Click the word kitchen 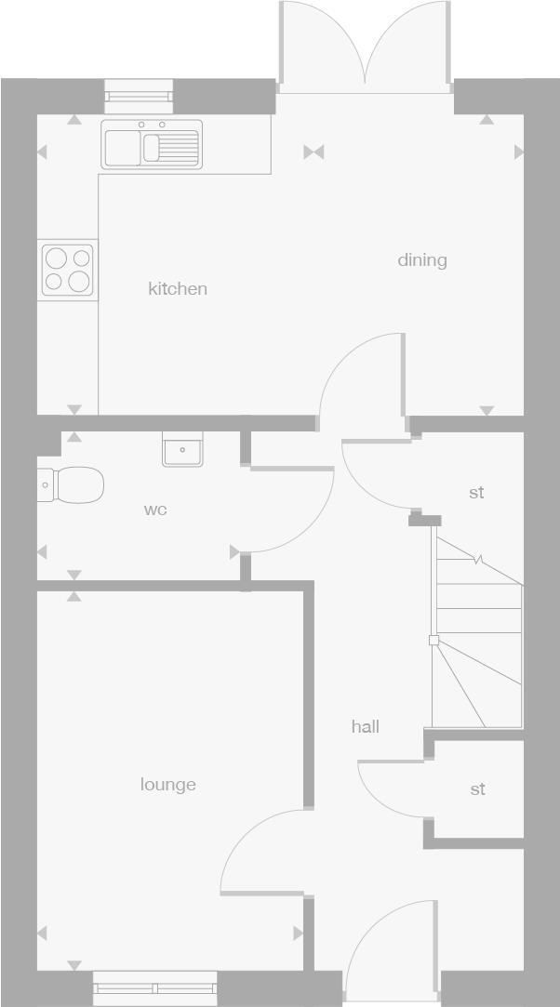[x=178, y=289]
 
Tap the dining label [x=422, y=260]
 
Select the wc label [x=155, y=510]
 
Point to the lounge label [x=168, y=785]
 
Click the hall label [x=366, y=727]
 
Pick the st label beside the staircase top [x=476, y=493]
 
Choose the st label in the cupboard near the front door [x=477, y=789]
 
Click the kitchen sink [x=152, y=146]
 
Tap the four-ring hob [x=68, y=269]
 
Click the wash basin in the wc [x=182, y=451]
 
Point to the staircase [x=476, y=642]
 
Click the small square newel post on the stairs [x=433, y=640]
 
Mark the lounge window [x=155, y=987]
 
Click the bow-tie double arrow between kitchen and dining [x=313, y=152]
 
